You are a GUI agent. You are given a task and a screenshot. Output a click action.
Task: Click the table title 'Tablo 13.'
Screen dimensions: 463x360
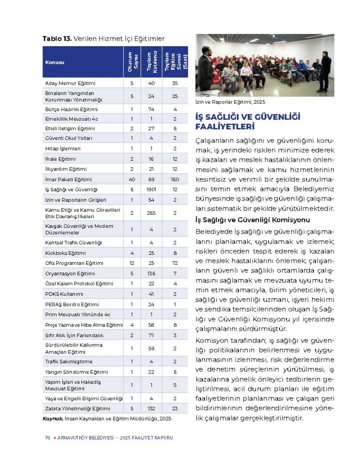tap(57, 39)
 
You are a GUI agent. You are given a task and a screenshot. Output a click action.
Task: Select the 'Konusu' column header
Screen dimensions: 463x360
tap(55, 62)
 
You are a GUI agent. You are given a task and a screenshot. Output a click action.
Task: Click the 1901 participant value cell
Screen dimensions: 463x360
tap(151, 190)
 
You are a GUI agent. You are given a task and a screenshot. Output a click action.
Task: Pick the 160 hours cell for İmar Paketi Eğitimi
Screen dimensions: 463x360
tap(175, 179)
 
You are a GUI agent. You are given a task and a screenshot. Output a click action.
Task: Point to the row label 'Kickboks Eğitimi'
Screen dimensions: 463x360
tap(66, 253)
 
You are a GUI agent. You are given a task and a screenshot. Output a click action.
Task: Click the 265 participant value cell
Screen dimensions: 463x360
tap(151, 213)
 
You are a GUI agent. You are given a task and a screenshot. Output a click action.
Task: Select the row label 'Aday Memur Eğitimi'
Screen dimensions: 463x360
tap(70, 83)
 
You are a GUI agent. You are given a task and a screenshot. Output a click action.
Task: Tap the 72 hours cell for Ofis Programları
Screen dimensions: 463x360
tap(175, 263)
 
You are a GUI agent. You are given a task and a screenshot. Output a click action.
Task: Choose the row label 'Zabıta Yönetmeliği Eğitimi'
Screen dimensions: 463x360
tap(78, 409)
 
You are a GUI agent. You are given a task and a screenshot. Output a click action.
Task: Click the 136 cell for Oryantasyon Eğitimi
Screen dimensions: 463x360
tap(151, 273)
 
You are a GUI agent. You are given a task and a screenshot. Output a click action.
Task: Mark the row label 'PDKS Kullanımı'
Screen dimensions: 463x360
tap(64, 294)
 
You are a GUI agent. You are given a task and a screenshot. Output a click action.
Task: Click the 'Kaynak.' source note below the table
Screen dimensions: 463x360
tap(53, 419)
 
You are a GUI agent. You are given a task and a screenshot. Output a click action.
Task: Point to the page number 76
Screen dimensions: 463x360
tap(48, 438)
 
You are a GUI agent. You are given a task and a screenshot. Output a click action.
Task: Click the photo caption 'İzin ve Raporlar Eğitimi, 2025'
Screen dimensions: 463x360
tap(230, 102)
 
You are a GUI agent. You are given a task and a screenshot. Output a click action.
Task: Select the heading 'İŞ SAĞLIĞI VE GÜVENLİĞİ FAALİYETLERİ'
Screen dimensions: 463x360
tap(248, 122)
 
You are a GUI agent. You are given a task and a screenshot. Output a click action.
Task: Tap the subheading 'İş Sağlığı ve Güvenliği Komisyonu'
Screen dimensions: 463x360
tap(252, 220)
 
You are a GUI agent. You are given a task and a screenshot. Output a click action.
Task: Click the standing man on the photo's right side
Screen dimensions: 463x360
tap(325, 69)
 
